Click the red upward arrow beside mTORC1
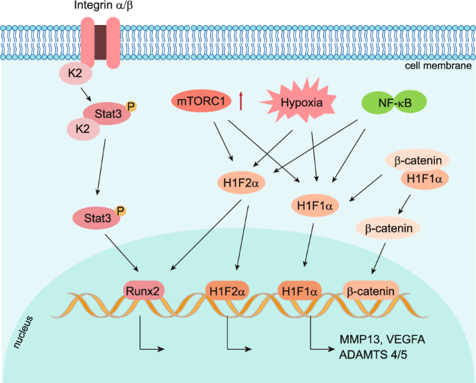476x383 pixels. click(240, 102)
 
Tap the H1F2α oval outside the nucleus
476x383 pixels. click(238, 183)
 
